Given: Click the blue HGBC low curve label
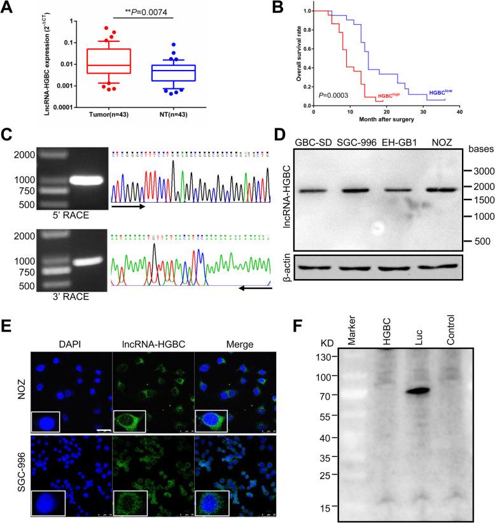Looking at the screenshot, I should tap(443, 92).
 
